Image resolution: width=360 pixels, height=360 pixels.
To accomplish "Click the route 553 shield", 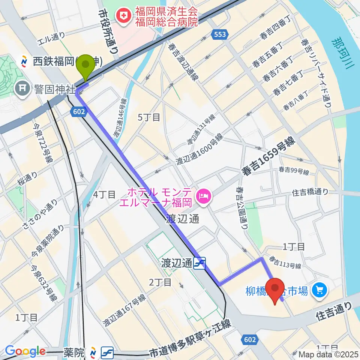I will tap(220, 34).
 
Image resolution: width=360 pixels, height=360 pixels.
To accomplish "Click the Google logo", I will tap(25, 351).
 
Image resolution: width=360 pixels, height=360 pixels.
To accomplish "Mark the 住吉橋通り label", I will tap(310, 192).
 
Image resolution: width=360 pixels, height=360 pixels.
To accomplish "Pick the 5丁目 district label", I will tap(149, 117).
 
